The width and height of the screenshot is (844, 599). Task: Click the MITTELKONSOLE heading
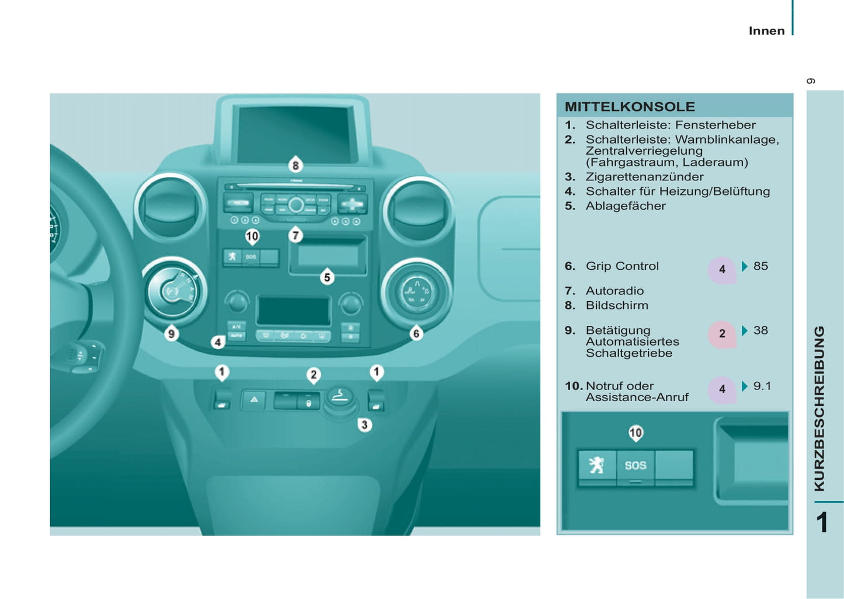(x=630, y=107)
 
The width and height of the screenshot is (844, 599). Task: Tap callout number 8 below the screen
(x=296, y=165)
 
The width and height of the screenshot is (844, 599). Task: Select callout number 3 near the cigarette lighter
(x=364, y=424)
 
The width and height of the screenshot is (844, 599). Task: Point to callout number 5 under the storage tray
(x=327, y=277)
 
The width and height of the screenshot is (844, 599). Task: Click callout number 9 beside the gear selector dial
(x=172, y=334)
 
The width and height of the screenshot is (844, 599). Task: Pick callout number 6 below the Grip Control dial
(x=416, y=333)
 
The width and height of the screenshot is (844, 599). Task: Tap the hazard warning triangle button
(x=254, y=400)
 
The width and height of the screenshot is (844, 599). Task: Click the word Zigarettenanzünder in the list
(x=644, y=177)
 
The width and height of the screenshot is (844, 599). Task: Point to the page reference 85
(x=760, y=266)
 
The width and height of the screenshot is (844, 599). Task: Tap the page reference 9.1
(x=762, y=386)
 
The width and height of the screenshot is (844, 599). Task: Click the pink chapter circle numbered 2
(x=722, y=334)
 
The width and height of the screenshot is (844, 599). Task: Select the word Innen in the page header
(x=766, y=31)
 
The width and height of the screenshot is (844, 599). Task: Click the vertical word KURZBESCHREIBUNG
(x=819, y=409)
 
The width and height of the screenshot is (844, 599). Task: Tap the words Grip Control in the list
(x=622, y=266)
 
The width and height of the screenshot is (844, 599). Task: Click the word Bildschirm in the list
(x=617, y=305)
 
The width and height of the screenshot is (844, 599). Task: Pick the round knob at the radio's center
(x=296, y=205)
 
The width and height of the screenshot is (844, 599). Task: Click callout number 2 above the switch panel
(x=314, y=375)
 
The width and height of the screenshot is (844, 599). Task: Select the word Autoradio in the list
(x=614, y=291)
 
